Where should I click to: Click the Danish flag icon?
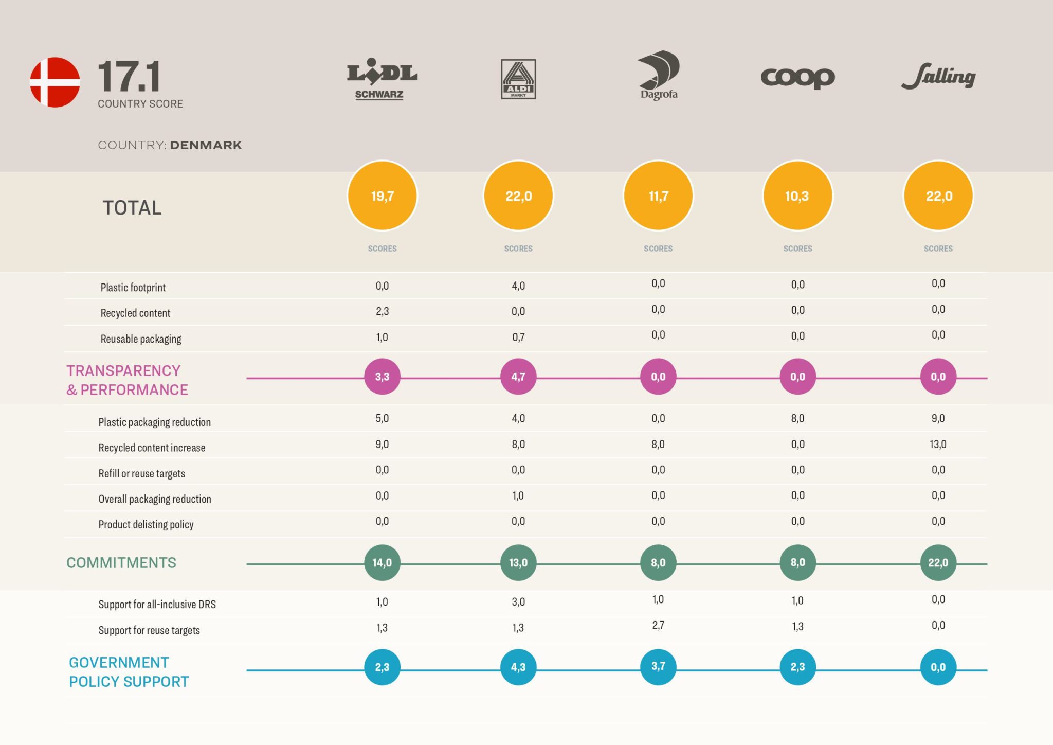pos(55,82)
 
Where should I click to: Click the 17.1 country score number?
pos(129,76)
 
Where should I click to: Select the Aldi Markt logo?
pos(518,79)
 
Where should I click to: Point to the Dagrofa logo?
pos(659,75)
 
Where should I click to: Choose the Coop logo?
pos(797,78)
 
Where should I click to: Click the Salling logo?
pos(938,77)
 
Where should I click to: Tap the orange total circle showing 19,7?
pos(382,196)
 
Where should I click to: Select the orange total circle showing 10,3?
pos(797,196)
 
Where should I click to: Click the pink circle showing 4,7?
pos(518,377)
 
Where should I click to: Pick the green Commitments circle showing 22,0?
pos(938,562)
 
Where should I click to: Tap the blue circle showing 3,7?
pos(658,667)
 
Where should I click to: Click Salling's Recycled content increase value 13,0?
pos(938,444)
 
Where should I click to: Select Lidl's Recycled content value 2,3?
pos(382,311)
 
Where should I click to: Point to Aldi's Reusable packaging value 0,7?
pos(518,338)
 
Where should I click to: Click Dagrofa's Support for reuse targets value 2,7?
pos(658,626)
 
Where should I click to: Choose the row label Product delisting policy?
pos(146,525)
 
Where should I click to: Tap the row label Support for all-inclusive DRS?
pos(157,604)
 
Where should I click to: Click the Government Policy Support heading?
pos(129,672)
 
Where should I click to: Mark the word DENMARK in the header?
pos(206,145)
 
